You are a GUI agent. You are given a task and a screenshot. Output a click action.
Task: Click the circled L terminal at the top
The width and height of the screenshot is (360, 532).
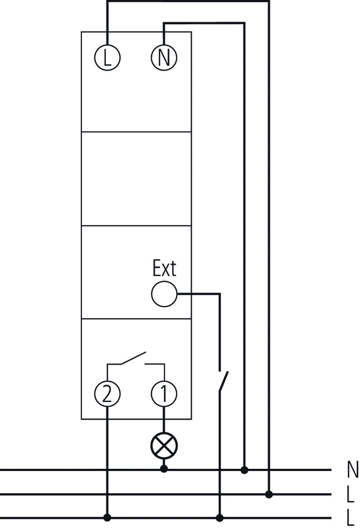tap(107, 58)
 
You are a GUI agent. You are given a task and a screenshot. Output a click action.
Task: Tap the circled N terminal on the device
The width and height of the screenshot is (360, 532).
tap(163, 58)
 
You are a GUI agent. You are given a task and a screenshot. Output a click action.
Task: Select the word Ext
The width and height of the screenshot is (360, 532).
tap(164, 269)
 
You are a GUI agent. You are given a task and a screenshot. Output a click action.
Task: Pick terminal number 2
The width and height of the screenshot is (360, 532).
tap(107, 394)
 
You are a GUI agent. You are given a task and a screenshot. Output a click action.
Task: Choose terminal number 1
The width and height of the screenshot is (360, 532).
tap(163, 394)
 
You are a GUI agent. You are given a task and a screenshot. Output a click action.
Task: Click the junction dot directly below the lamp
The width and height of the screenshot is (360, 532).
tap(163, 469)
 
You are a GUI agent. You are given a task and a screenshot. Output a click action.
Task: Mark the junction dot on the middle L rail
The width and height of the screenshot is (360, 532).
tap(269, 494)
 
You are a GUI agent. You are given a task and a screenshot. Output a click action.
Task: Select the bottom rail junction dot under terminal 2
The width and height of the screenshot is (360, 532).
tap(107, 518)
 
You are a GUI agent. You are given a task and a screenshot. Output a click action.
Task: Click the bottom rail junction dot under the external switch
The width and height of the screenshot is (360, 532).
tap(220, 518)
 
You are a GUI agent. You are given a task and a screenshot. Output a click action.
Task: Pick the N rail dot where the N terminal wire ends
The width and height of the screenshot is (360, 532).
tap(244, 469)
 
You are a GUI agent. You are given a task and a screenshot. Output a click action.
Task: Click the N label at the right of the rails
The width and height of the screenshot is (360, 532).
tap(352, 470)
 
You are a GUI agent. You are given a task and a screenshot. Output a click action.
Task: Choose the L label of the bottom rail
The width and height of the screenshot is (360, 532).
tap(351, 519)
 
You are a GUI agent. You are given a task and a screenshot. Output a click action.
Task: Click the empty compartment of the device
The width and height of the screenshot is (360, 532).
tap(136, 178)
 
